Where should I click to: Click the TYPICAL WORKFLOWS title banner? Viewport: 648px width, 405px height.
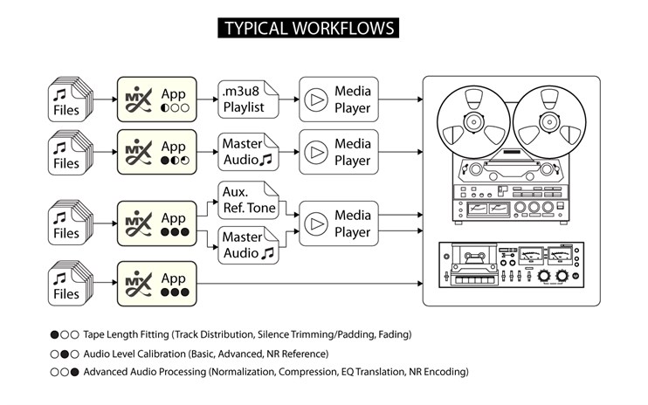click(x=309, y=28)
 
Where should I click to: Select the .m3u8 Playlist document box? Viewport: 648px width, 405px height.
click(x=248, y=100)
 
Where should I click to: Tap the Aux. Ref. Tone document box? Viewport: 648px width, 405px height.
click(x=248, y=199)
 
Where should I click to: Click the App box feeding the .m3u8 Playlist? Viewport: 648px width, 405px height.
click(x=157, y=100)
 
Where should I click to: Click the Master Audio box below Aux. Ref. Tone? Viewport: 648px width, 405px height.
click(x=248, y=244)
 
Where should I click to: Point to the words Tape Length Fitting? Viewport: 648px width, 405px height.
click(x=127, y=334)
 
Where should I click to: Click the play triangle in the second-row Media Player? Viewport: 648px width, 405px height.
click(x=314, y=152)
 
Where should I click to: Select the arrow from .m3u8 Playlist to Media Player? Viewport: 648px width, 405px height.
click(x=289, y=100)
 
